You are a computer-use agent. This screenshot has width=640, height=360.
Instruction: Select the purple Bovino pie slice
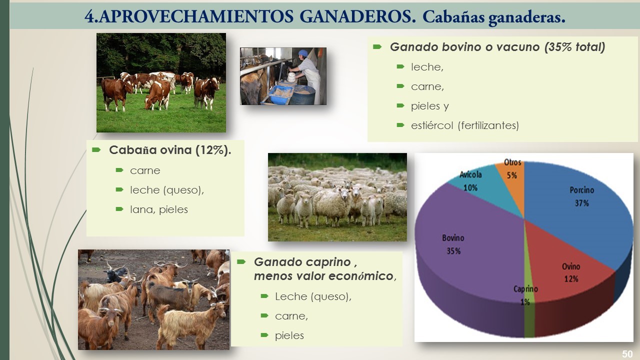[468, 257]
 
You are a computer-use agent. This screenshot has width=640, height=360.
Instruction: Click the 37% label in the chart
[582, 203]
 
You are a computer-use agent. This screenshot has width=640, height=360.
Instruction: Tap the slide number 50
[627, 354]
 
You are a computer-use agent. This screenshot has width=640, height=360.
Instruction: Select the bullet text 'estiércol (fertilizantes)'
[465, 125]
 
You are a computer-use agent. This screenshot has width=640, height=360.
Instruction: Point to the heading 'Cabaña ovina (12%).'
[170, 150]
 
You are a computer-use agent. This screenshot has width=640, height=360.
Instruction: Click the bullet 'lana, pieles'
[159, 209]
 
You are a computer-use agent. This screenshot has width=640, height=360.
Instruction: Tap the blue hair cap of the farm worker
[303, 53]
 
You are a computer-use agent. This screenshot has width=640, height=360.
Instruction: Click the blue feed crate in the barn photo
[281, 93]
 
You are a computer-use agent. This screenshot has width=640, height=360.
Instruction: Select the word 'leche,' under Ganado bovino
[427, 67]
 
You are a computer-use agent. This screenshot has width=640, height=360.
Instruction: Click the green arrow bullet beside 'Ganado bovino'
[377, 47]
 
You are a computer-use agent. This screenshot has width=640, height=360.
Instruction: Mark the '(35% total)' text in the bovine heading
[575, 47]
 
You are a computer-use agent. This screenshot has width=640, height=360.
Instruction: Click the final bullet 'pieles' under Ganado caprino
[289, 335]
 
